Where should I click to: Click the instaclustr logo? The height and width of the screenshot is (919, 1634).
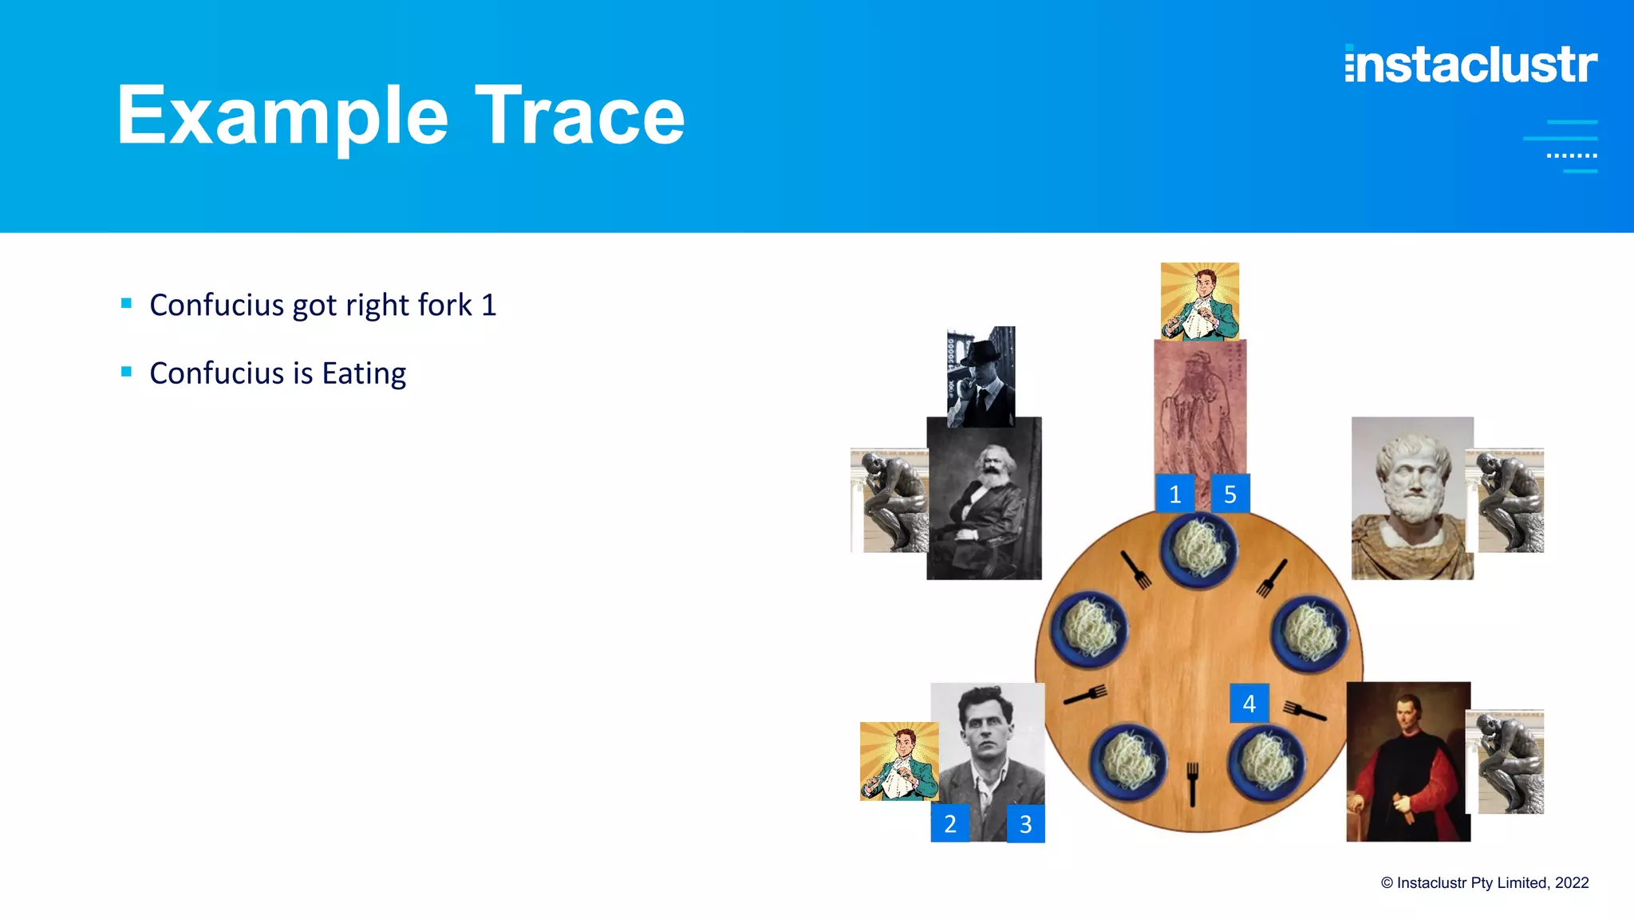tap(1470, 64)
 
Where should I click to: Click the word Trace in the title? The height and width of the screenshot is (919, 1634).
tap(580, 116)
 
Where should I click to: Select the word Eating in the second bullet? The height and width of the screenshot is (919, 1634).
tap(364, 373)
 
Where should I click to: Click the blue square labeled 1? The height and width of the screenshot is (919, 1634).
tap(1174, 494)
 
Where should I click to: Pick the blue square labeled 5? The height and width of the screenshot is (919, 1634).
tap(1229, 494)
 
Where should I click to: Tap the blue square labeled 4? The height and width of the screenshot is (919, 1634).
tap(1249, 703)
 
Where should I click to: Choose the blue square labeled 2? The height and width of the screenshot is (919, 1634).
tap(949, 823)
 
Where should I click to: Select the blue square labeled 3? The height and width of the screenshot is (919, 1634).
tap(1025, 823)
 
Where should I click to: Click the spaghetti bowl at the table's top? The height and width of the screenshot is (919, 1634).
tap(1198, 550)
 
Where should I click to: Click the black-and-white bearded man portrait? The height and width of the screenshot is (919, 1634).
tap(984, 499)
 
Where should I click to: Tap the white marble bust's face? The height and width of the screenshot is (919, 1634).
tap(1412, 477)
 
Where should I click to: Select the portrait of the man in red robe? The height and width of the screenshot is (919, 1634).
tap(1407, 762)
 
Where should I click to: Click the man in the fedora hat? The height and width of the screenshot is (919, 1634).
tap(981, 376)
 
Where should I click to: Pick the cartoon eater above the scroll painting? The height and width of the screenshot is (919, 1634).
tap(1200, 302)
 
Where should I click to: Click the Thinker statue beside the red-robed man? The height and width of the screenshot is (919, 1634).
tap(1507, 762)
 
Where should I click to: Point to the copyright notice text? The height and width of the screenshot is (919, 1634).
tap(1484, 883)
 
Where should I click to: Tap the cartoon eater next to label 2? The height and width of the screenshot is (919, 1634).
tap(898, 761)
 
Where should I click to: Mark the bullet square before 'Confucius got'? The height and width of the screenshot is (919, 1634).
tap(126, 303)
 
